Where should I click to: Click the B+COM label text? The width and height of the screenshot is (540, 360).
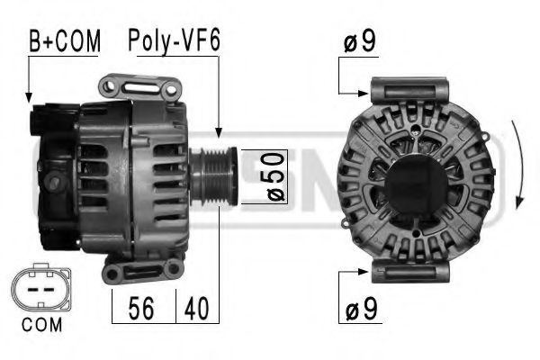tap(64, 40)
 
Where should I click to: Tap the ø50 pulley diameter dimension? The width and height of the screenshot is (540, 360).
tap(275, 176)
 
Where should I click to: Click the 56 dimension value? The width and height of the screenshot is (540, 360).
tap(141, 309)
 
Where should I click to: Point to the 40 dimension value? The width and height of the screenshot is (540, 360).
tap(197, 309)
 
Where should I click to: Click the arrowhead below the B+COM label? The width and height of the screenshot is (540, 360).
tap(29, 95)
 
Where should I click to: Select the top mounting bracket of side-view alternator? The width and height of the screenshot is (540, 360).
tap(139, 88)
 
